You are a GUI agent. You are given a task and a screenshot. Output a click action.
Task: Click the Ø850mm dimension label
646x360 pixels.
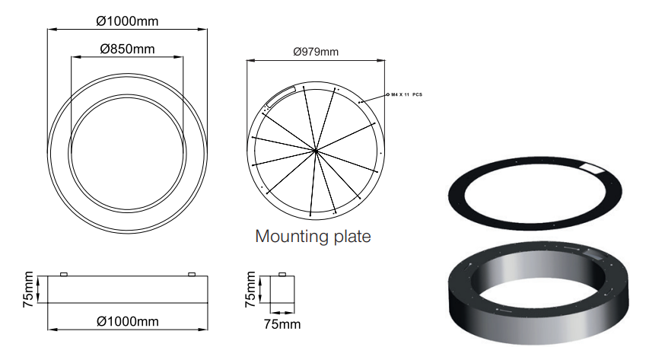tap(127, 49)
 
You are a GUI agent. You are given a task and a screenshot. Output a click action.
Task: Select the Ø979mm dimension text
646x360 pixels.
tap(316, 52)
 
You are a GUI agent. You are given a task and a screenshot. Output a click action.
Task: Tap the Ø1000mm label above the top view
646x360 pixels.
tap(127, 21)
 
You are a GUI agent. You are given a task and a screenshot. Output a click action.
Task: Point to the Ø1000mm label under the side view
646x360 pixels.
tap(128, 321)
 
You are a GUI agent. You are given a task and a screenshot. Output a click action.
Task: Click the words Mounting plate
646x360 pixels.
tap(313, 236)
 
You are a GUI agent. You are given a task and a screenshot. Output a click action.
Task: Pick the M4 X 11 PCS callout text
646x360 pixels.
tap(406, 94)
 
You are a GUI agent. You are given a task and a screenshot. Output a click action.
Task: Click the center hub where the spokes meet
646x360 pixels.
tap(316, 151)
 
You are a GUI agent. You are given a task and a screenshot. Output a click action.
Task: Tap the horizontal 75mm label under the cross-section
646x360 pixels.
tap(282, 324)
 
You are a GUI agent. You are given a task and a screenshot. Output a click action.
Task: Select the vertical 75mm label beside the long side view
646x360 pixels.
tap(28, 289)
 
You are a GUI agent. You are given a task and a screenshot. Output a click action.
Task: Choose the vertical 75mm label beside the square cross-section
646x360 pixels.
tap(250, 289)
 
